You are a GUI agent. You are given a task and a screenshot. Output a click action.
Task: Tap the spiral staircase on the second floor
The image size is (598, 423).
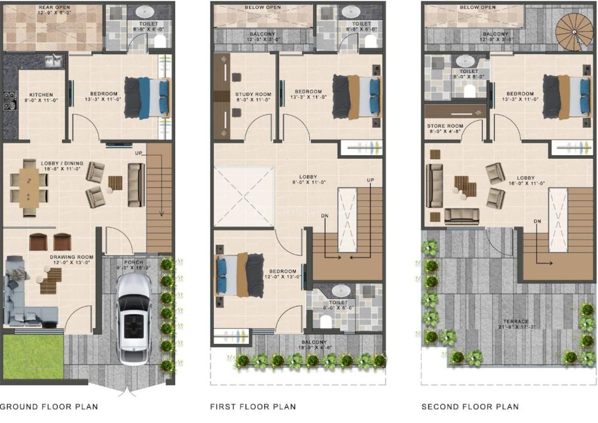tap(573, 32)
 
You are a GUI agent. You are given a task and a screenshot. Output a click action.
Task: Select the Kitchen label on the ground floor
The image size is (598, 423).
tap(41, 95)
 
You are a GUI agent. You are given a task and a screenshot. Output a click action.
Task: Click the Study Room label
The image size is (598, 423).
tap(250, 94)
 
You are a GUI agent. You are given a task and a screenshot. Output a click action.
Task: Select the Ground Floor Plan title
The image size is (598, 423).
tap(49, 406)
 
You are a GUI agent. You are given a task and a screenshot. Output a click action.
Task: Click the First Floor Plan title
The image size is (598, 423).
tap(253, 406)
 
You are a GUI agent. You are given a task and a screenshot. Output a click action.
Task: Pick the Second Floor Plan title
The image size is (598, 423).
tap(470, 406)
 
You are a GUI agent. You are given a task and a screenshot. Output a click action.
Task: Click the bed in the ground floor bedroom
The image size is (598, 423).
tap(147, 97)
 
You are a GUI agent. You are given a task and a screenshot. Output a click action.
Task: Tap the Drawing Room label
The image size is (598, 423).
tap(71, 257)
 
